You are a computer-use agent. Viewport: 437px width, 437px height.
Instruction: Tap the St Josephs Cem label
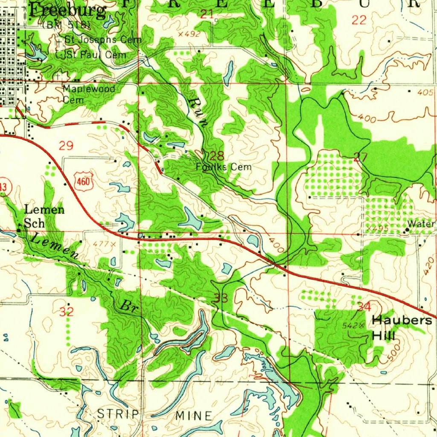tap(102, 40)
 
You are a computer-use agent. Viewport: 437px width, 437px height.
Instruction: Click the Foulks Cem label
tap(224, 167)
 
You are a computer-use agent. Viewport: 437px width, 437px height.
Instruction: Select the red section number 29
tap(66, 146)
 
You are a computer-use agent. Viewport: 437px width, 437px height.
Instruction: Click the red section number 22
tap(359, 20)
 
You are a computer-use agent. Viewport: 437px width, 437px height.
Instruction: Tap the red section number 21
tap(207, 15)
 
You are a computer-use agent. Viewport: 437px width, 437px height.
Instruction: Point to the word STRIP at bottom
tap(118, 414)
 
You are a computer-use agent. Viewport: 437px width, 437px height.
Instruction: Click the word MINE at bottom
tap(193, 415)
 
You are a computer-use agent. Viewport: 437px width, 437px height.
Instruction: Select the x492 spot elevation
tap(189, 34)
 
